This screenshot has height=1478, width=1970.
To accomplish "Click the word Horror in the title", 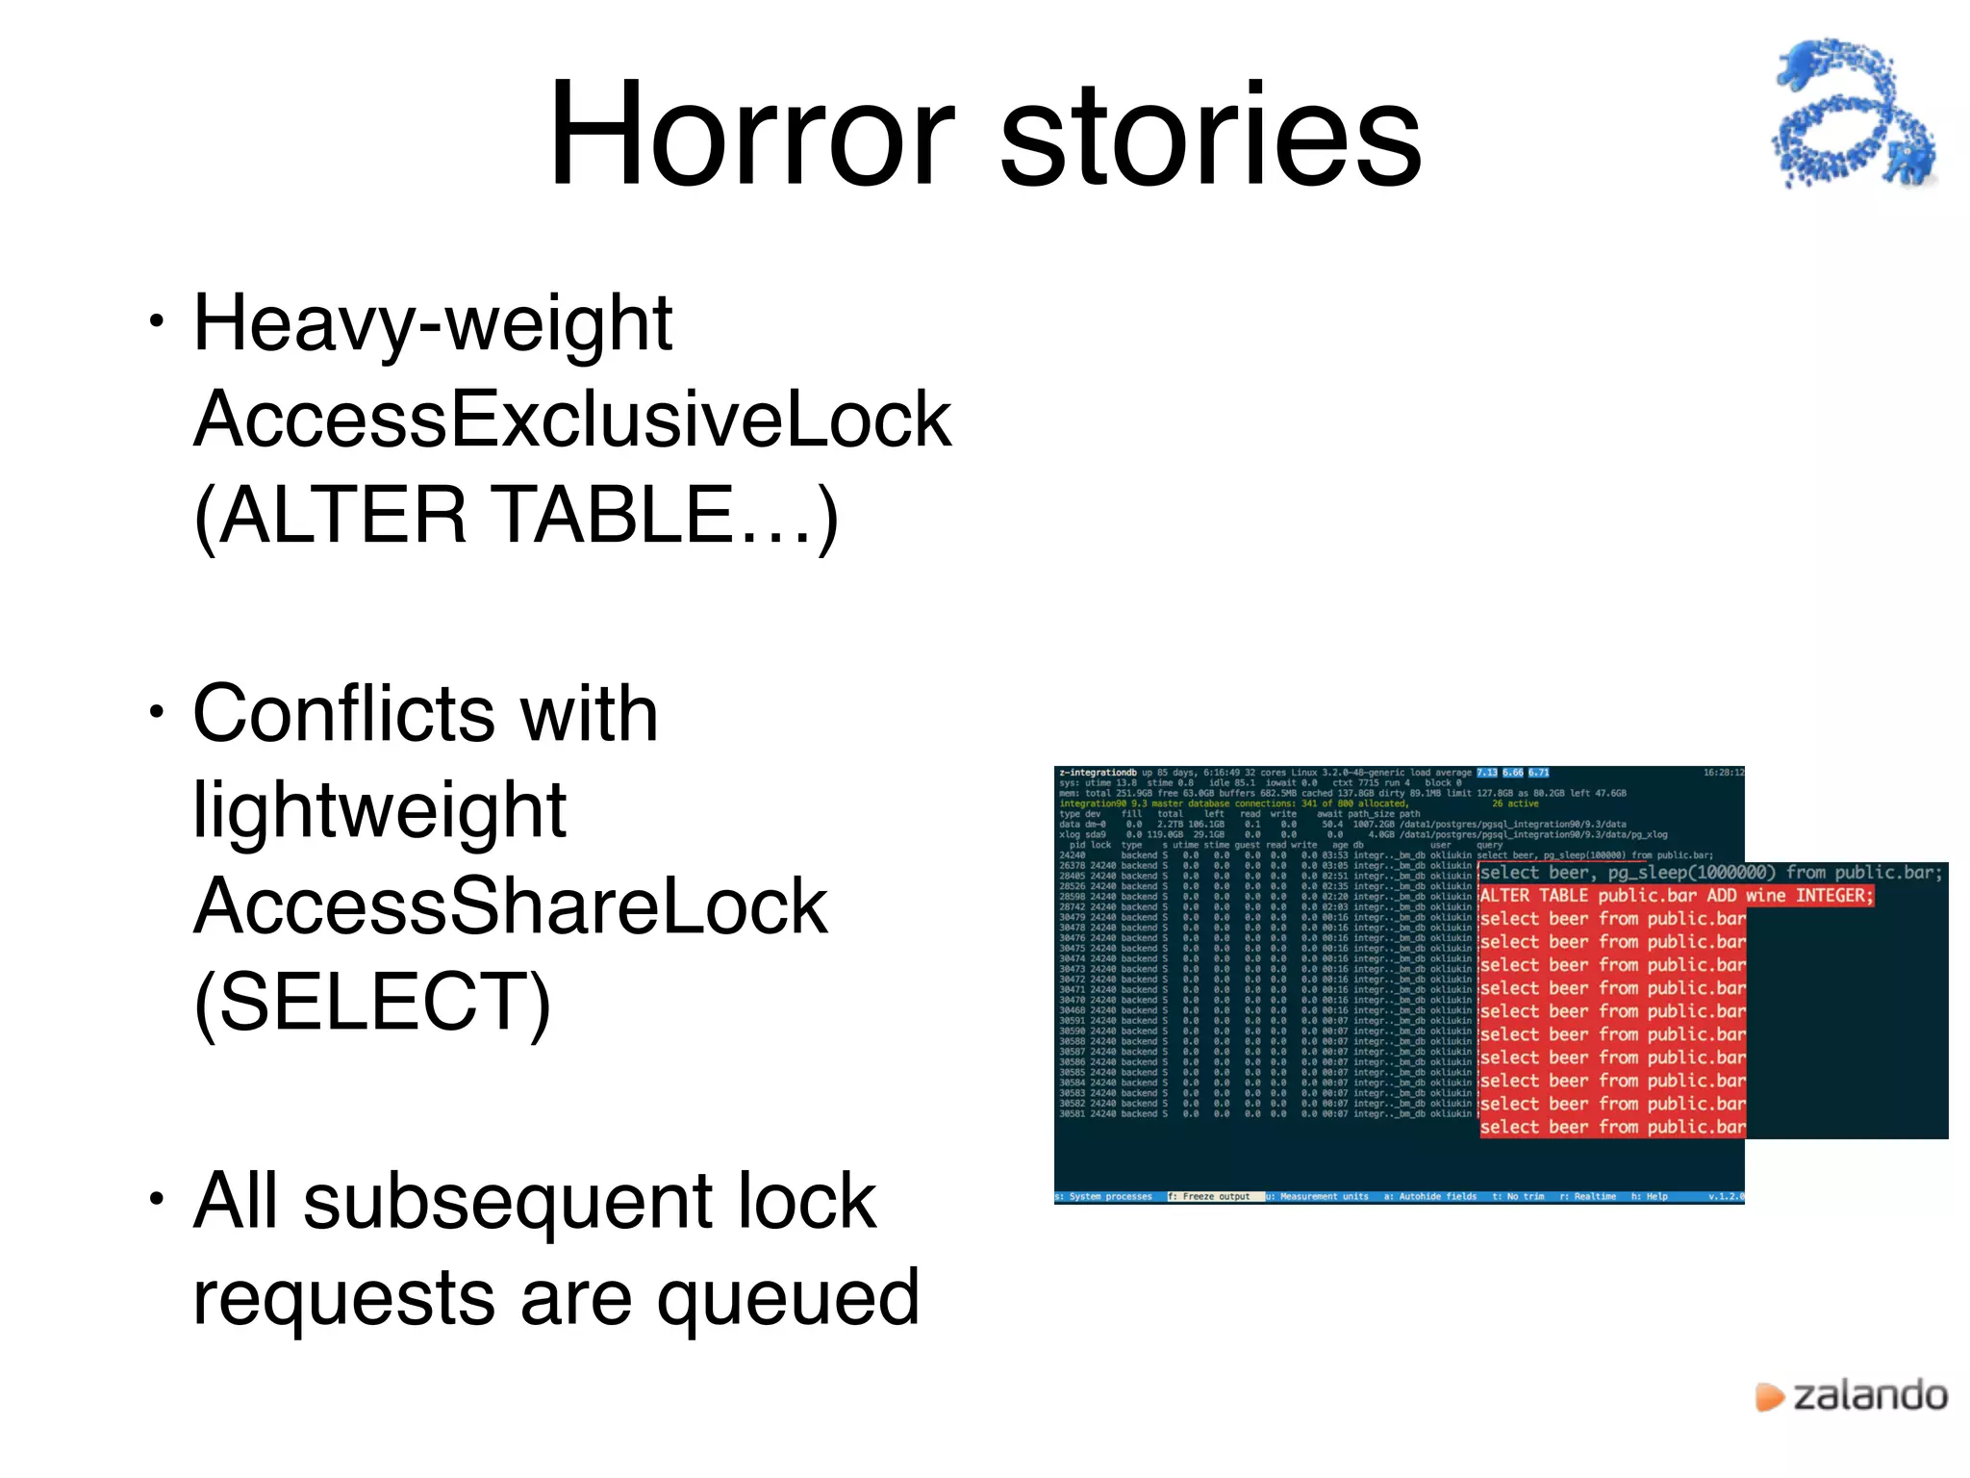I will (751, 135).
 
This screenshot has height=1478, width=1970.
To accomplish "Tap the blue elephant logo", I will (1853, 113).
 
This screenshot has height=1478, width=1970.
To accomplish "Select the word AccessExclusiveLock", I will (572, 420).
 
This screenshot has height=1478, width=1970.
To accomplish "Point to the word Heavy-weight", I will (433, 325).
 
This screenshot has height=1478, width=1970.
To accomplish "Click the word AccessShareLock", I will (510, 906).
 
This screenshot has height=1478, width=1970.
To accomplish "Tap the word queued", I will (788, 1297).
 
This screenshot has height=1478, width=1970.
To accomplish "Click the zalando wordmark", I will (1870, 1395).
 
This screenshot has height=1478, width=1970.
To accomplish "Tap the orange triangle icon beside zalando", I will (1768, 1396).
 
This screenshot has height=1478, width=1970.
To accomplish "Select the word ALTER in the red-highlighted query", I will (1504, 896).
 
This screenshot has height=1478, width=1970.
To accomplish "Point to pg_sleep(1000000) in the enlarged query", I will (1691, 873).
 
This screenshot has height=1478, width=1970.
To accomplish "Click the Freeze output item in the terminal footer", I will (1214, 1197).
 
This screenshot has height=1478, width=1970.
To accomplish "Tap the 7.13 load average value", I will (1487, 773).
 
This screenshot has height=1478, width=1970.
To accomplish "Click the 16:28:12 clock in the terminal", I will (1723, 773).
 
